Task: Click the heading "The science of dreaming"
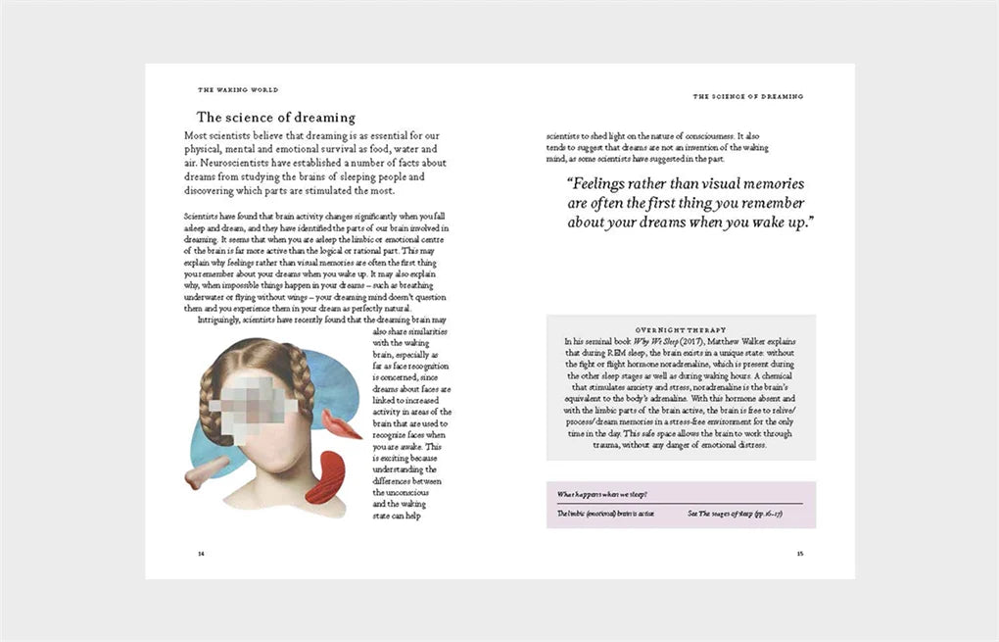pyautogui.click(x=275, y=118)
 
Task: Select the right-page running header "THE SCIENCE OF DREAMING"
pyautogui.click(x=747, y=96)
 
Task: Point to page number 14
pyautogui.click(x=202, y=553)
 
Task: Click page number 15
pyautogui.click(x=799, y=553)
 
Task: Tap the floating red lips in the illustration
pyautogui.click(x=341, y=424)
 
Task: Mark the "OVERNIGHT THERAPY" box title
pyautogui.click(x=680, y=330)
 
